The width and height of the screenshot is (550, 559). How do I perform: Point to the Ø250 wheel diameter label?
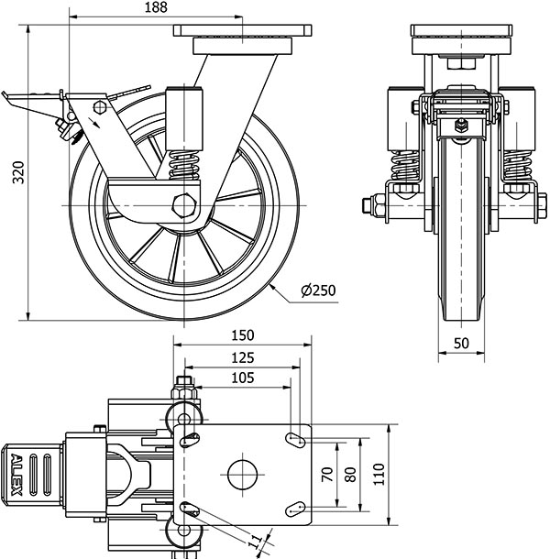pos(318,291)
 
